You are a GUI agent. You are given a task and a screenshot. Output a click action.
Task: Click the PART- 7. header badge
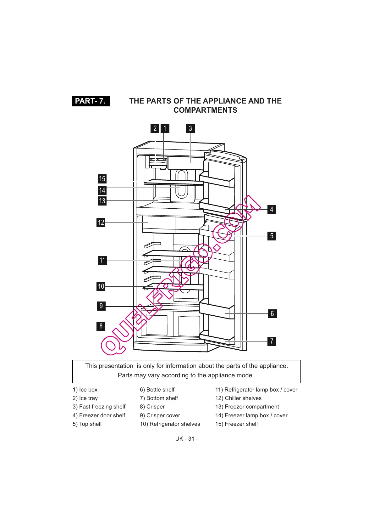pos(91,101)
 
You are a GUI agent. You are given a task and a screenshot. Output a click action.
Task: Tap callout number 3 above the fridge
pos(190,128)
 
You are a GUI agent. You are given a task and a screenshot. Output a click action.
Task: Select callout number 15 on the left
pos(102,179)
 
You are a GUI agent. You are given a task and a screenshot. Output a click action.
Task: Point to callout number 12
pos(101,223)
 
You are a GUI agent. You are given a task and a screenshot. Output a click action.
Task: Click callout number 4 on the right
pos(272,209)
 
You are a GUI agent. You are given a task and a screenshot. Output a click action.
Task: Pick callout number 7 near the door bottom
pos(272,341)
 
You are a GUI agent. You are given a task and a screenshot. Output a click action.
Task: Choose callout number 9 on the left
pos(101,306)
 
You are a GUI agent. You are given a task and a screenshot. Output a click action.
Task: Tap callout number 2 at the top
pos(155,128)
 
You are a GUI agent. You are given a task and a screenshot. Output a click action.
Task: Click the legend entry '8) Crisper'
pos(152,407)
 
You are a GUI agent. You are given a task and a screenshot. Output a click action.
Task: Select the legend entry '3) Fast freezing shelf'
pos(99,407)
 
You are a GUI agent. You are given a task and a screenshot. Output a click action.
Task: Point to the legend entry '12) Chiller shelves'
pos(238,398)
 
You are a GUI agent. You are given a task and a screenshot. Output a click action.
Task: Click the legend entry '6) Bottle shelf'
pos(157,390)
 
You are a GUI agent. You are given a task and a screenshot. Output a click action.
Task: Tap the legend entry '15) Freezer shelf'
pos(236,424)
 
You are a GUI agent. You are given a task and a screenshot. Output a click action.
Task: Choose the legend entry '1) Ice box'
pos(85,390)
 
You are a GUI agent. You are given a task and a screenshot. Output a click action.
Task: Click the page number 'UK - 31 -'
pos(187,439)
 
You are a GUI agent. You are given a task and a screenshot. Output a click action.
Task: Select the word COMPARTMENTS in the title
pos(205,110)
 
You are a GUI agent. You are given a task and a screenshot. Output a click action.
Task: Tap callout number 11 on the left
pos(102,260)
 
